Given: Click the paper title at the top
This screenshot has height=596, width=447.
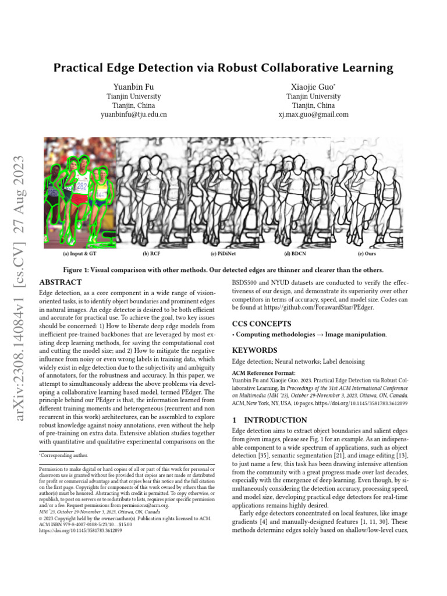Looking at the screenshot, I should [x=223, y=68].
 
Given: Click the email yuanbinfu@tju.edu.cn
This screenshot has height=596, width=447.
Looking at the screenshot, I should [x=133, y=115].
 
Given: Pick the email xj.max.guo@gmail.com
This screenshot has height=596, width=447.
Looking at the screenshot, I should [x=313, y=115].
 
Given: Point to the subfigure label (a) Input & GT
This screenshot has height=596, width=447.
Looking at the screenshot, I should [x=80, y=254].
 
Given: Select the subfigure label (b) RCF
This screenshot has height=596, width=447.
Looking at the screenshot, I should [x=152, y=254].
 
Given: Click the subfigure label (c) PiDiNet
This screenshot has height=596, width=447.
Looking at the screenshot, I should [x=223, y=254].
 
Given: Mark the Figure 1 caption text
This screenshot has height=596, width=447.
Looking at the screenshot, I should [x=223, y=270].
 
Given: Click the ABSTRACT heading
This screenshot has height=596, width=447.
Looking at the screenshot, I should [x=60, y=282].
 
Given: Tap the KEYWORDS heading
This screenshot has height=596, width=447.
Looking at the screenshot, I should [x=254, y=350].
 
